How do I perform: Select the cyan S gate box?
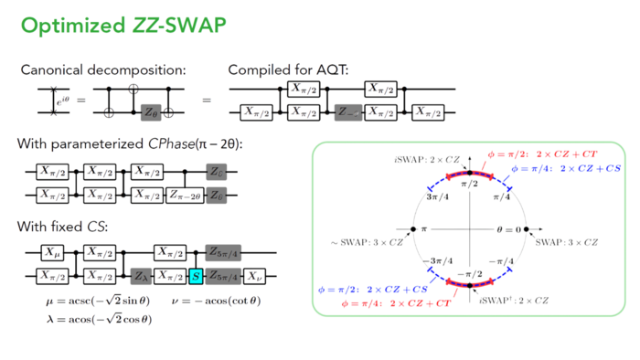click(x=195, y=273)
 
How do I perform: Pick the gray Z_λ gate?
click(x=140, y=273)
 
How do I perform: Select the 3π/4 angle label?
click(x=433, y=196)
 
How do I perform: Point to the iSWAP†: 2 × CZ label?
click(x=513, y=299)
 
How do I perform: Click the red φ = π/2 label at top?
click(x=530, y=154)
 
